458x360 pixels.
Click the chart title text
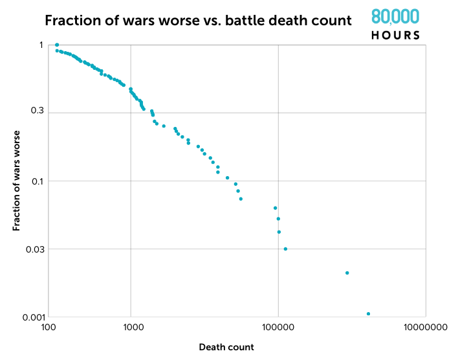tap(198, 21)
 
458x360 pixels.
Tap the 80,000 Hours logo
tap(395, 25)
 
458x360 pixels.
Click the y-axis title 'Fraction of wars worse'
tap(17, 180)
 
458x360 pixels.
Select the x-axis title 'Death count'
tap(226, 347)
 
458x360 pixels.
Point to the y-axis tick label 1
tap(40, 45)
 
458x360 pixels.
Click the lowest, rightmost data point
tap(368, 313)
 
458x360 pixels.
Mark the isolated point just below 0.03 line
tap(347, 273)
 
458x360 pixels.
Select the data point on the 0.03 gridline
tap(285, 249)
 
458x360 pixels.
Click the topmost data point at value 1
tap(57, 45)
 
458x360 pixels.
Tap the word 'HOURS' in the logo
tap(395, 35)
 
